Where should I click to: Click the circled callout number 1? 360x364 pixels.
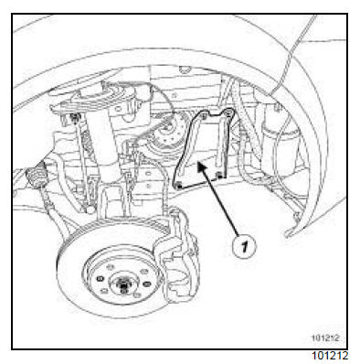[244, 246]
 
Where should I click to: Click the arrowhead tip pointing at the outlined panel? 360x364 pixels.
[198, 163]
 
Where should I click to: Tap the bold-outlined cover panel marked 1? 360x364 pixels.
[203, 148]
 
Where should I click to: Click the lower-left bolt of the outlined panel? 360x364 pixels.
[179, 185]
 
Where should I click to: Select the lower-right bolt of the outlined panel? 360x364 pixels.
[219, 175]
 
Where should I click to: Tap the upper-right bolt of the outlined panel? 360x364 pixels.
[227, 113]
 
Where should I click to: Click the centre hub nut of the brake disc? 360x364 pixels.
[123, 287]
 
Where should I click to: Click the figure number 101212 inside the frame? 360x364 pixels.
[325, 338]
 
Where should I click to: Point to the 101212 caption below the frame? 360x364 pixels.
[331, 356]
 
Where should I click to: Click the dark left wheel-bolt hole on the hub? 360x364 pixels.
[100, 279]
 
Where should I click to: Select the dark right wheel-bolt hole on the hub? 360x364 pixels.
[146, 284]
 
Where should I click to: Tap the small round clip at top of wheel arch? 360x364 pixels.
[185, 70]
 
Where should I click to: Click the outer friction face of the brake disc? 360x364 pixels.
[73, 274]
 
